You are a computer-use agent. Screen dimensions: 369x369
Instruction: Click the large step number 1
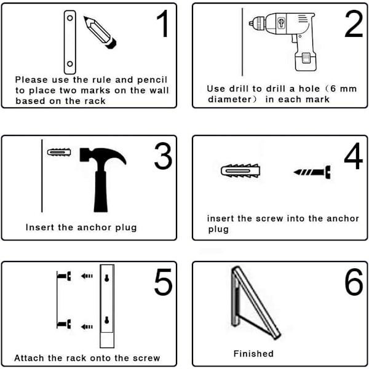(x=163, y=23)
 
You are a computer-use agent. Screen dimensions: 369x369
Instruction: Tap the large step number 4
(x=353, y=156)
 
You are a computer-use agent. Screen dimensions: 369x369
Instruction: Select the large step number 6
(x=354, y=282)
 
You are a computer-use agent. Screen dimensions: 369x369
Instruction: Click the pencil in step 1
(x=100, y=32)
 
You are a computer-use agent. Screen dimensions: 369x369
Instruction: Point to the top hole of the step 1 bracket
(x=70, y=18)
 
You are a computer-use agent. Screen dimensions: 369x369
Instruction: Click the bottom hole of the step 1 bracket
(x=70, y=63)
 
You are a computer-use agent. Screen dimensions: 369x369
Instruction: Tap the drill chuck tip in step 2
(x=250, y=23)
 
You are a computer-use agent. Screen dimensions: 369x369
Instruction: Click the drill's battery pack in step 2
(x=306, y=61)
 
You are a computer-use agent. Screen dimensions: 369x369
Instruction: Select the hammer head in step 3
(x=103, y=156)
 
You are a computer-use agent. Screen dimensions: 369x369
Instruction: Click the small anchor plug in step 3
(x=59, y=152)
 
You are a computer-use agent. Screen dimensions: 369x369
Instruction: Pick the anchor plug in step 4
(x=240, y=170)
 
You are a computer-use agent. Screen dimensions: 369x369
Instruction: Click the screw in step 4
(x=312, y=172)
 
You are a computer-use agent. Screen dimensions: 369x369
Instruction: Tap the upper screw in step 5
(x=64, y=276)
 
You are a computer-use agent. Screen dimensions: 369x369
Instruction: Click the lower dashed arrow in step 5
(x=87, y=327)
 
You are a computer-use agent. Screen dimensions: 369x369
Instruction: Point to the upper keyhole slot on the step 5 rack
(x=107, y=278)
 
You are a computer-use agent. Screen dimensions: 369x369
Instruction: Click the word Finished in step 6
(x=253, y=354)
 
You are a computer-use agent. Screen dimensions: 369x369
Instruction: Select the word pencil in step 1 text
(x=152, y=80)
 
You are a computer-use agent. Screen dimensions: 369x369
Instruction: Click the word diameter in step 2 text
(x=230, y=99)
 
